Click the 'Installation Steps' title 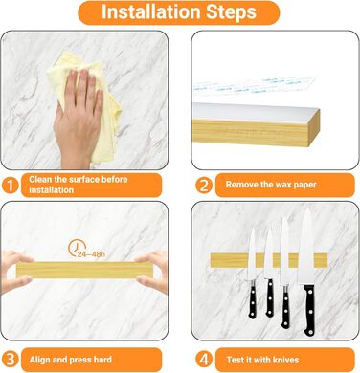tap(179, 12)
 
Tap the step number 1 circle tap(11, 186)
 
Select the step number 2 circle tap(204, 186)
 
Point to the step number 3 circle tap(11, 360)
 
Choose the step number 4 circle tap(204, 360)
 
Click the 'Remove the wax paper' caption tap(271, 185)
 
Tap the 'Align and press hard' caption tap(71, 360)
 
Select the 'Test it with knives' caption tap(262, 360)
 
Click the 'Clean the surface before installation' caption tap(79, 185)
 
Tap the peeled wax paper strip tap(256, 85)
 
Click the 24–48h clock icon tap(78, 248)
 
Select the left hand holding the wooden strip tap(16, 271)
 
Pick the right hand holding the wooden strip tap(153, 271)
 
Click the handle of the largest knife tap(309, 310)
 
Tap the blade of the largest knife tap(306, 247)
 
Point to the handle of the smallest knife tap(253, 299)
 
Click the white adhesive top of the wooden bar tap(256, 112)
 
